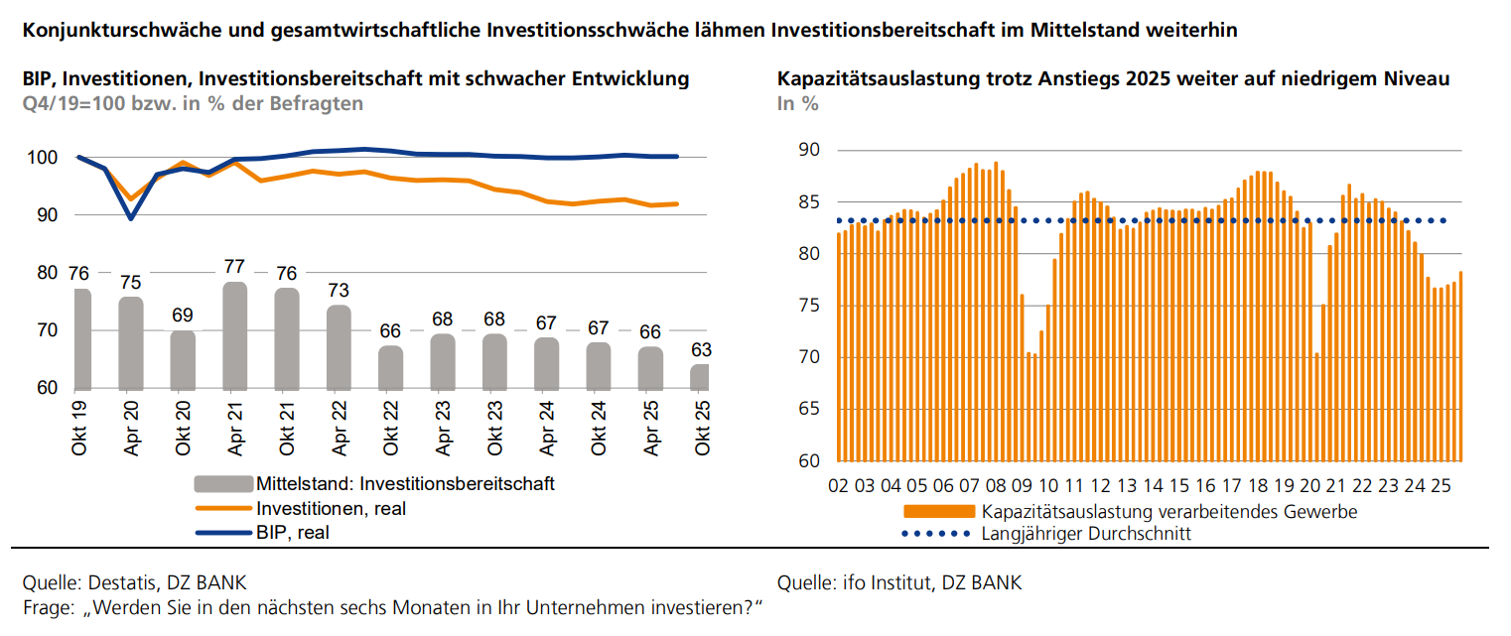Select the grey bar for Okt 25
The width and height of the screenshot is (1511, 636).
(700, 377)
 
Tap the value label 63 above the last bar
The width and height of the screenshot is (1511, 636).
(700, 350)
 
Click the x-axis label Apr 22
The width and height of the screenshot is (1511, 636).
(338, 428)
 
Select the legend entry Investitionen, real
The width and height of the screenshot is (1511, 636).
(331, 508)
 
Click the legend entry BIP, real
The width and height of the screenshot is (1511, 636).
(292, 532)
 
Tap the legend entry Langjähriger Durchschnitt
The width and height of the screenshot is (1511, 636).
(1085, 534)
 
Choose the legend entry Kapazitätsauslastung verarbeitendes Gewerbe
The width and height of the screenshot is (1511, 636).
(1168, 512)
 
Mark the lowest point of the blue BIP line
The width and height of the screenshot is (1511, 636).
(131, 218)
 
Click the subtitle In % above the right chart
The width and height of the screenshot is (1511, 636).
(798, 103)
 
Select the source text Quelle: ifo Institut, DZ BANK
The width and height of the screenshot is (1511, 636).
(899, 582)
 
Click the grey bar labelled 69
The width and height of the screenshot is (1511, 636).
(183, 359)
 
